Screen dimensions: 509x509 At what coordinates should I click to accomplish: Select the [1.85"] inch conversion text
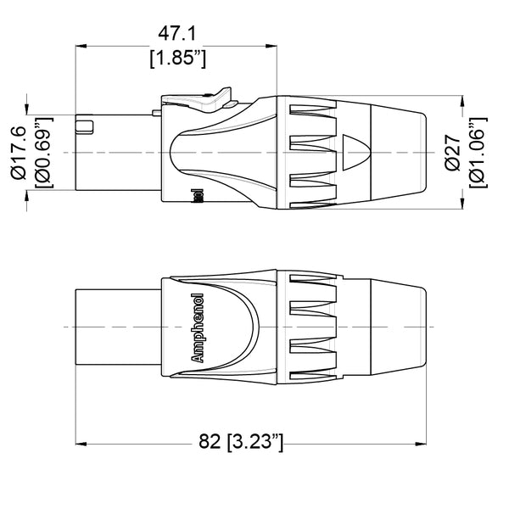(x=177, y=59)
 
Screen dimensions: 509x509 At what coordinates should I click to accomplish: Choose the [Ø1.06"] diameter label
(x=479, y=151)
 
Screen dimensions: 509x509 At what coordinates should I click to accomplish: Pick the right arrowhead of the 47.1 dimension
(x=271, y=46)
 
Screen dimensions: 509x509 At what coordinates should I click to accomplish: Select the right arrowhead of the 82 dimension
(x=421, y=442)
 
